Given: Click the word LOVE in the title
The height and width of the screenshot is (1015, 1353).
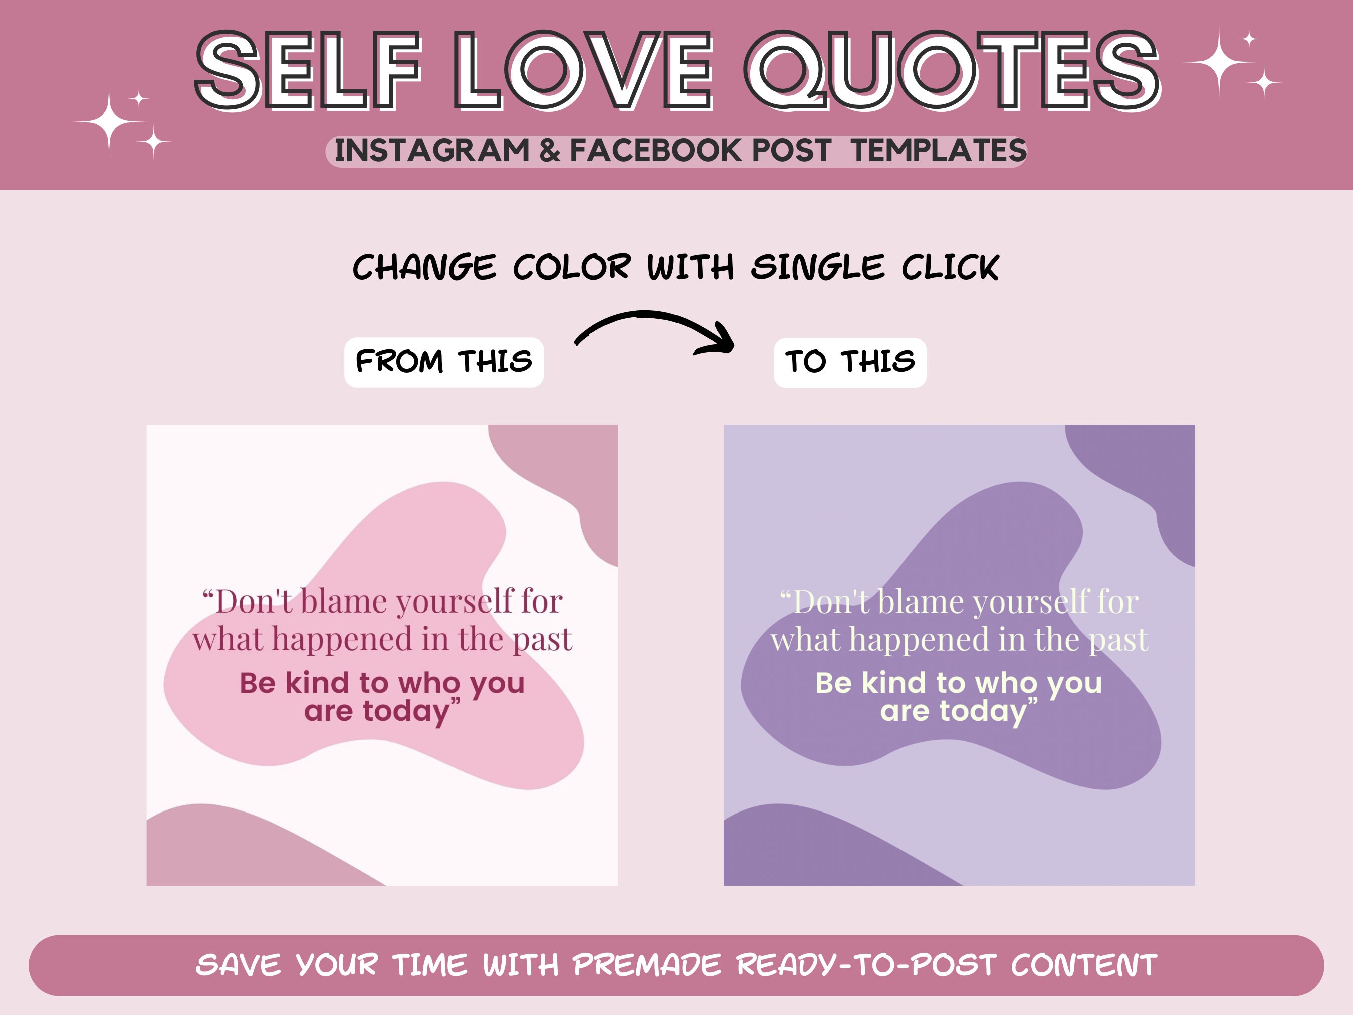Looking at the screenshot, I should point(584,70).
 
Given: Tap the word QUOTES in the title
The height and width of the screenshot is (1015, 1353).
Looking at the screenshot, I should point(951,70).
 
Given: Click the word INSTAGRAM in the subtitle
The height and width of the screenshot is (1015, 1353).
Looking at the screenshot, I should point(431,150).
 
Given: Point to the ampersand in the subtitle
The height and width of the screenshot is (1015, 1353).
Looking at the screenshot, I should point(549,150).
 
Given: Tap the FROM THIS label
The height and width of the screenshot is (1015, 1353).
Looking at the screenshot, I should point(443,361).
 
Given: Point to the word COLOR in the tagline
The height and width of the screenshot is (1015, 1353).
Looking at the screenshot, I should point(571,267).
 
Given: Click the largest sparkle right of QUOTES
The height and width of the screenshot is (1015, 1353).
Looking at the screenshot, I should point(1219,62).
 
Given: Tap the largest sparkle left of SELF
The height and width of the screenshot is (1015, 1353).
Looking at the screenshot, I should point(109,122).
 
